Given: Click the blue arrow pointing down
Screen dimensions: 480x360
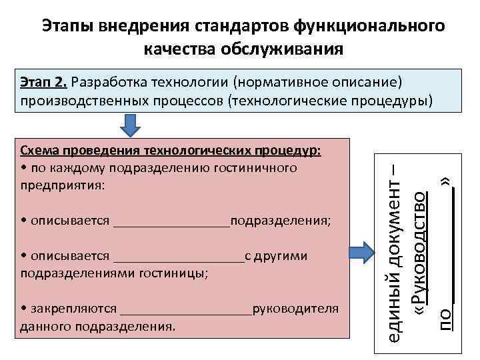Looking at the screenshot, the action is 132,125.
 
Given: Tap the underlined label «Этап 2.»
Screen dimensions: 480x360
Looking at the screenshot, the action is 43,83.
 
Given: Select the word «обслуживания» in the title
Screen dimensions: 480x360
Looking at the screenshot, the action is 288,48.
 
